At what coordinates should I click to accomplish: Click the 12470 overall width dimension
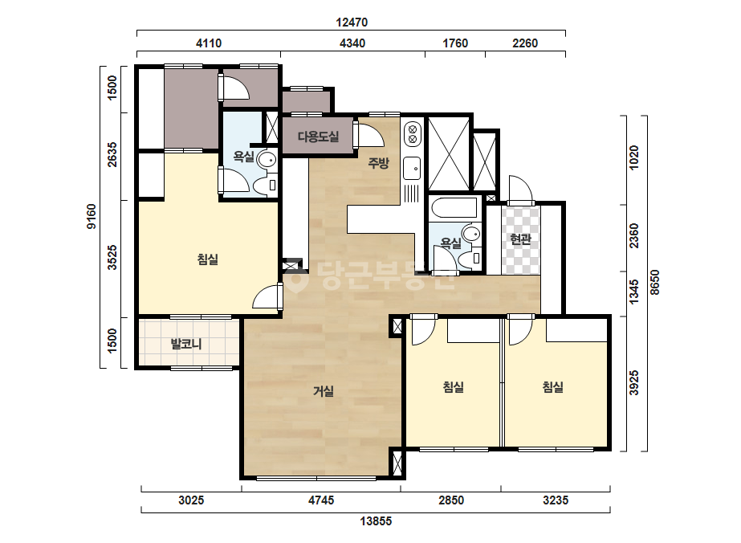click(x=352, y=22)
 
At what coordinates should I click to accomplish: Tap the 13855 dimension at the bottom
click(x=377, y=521)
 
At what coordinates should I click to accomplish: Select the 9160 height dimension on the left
click(x=92, y=217)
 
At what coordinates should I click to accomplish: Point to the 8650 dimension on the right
click(x=654, y=283)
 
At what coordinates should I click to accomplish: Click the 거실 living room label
click(x=324, y=391)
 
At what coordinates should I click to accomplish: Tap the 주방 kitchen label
click(x=379, y=163)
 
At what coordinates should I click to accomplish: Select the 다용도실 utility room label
click(x=318, y=137)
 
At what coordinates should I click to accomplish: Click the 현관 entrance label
click(x=520, y=239)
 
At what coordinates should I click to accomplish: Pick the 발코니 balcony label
click(x=186, y=344)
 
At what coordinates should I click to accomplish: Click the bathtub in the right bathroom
click(x=454, y=208)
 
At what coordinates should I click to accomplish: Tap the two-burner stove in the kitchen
click(x=412, y=133)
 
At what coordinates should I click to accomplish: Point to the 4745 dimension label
click(x=321, y=500)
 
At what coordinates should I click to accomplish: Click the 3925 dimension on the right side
click(x=633, y=382)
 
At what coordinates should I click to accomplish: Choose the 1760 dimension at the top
click(x=455, y=43)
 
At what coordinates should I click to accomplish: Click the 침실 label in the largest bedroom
click(x=208, y=259)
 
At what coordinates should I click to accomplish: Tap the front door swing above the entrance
click(x=521, y=190)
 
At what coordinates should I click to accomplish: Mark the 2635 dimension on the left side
click(x=112, y=154)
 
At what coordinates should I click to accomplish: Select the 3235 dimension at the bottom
click(x=556, y=500)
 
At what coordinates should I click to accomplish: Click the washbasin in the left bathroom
click(x=267, y=160)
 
